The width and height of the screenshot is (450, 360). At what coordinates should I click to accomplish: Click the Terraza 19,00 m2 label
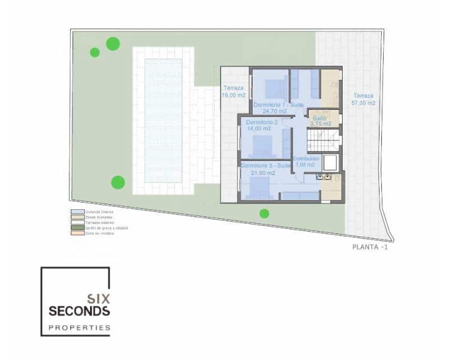pos(234,92)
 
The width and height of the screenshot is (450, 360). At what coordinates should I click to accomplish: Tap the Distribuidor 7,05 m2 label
pos(307,161)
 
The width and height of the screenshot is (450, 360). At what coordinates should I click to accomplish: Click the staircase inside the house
pos(323,141)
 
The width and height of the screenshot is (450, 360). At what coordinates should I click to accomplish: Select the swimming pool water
pos(163,120)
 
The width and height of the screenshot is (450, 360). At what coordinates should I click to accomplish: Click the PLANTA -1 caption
pos(370,246)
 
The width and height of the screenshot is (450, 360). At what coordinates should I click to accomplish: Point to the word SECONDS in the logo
pos(79,311)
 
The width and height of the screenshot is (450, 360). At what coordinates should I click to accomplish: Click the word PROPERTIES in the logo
pos(79,327)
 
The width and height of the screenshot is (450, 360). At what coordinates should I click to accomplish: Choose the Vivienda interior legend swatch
pos(74,212)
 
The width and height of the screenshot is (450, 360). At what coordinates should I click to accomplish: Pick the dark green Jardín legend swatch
pos(74,228)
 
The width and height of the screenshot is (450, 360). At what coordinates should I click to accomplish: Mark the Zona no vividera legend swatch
pos(74,233)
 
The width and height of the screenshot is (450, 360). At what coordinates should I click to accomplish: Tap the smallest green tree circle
pos(94,52)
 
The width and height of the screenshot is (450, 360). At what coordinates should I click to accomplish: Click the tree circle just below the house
pos(264,213)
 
